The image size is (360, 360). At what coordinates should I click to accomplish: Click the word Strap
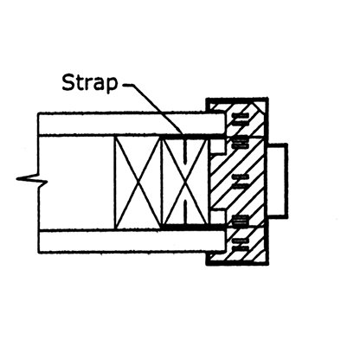coord(90,83)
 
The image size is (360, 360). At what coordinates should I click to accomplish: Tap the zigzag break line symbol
coord(32,180)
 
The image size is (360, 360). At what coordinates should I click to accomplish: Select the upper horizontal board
coord(132,124)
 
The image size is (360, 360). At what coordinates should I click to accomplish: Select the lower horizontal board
coord(132,241)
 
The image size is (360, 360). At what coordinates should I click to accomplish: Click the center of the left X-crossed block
coord(138,183)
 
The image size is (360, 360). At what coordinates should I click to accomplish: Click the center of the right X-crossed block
coord(185,183)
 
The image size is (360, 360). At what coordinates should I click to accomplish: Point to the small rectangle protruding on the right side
coord(278,179)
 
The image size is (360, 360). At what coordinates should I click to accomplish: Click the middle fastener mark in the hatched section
coord(241,181)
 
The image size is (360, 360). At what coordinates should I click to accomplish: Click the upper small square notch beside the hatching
coord(217,146)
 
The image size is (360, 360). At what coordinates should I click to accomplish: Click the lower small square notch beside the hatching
coord(217,217)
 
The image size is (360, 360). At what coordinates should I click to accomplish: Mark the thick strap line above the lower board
coord(192,228)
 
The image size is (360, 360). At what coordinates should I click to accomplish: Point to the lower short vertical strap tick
coord(185,213)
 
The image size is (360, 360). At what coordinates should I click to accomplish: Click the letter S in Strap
coord(68,82)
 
